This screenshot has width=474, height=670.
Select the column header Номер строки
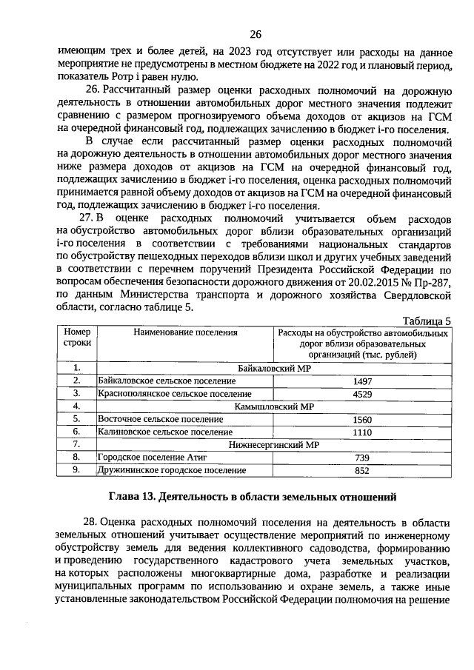click(76, 338)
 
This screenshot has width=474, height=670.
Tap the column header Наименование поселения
click(185, 333)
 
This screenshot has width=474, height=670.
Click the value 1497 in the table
click(362, 381)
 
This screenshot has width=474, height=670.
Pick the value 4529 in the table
click(362, 394)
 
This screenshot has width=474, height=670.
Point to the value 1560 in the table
click(362, 419)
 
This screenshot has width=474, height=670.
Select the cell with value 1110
click(362, 432)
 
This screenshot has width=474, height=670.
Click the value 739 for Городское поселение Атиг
click(362, 458)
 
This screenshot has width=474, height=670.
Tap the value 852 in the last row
click(362, 470)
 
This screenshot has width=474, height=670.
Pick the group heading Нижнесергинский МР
click(273, 445)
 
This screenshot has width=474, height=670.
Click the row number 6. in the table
click(76, 432)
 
